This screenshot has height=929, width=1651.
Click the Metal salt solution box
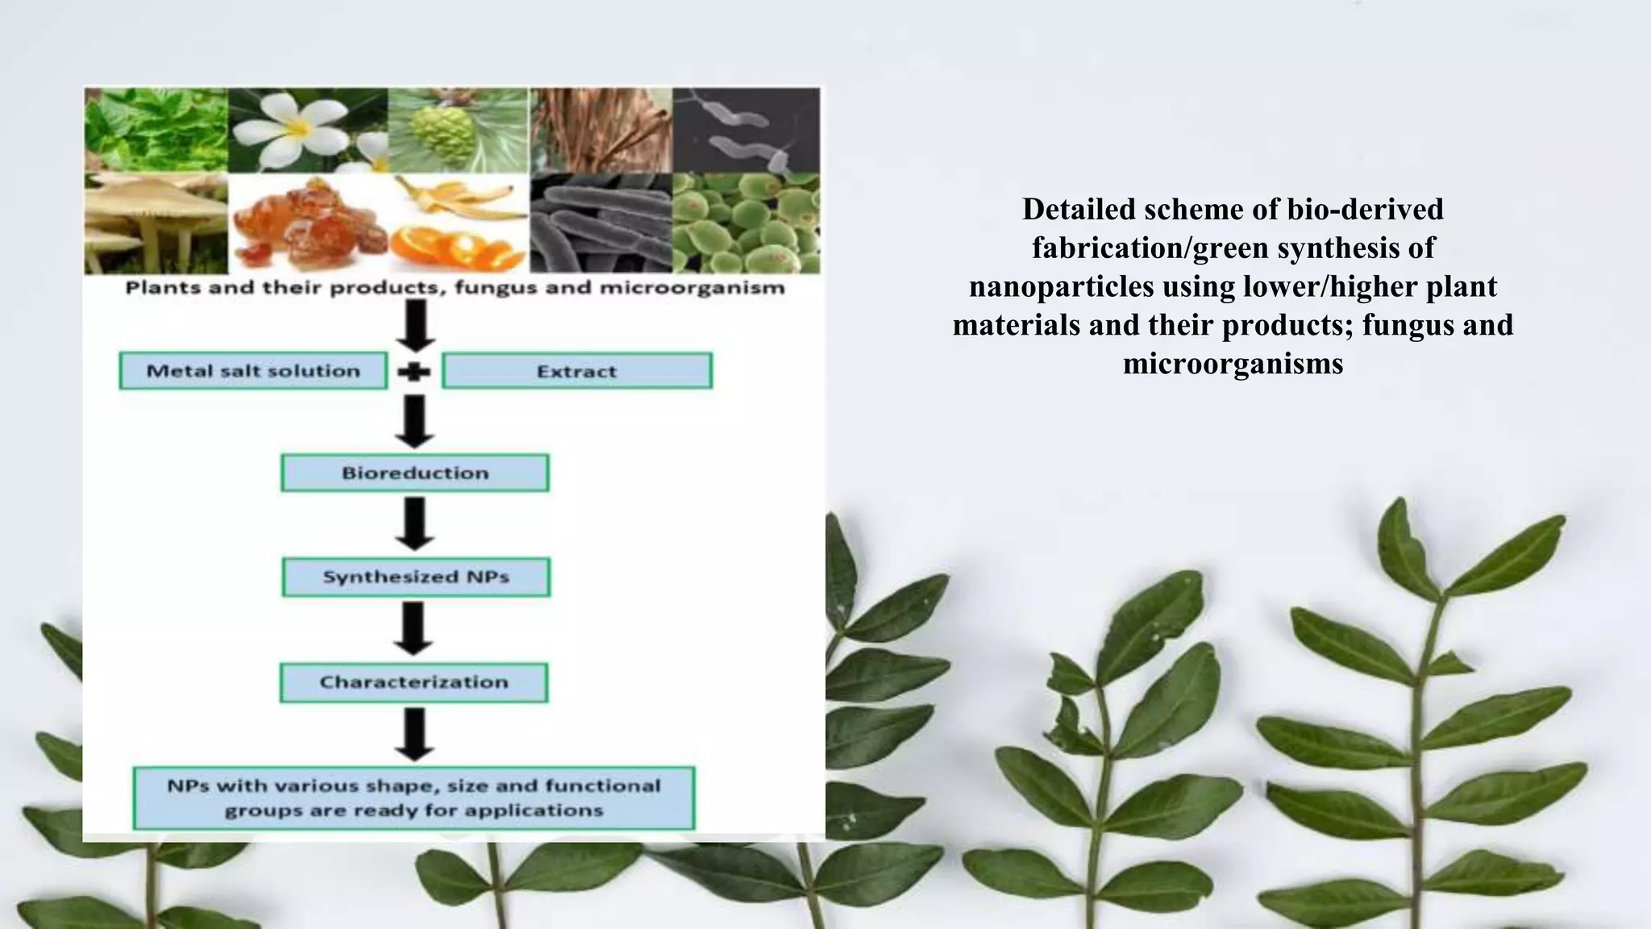253,371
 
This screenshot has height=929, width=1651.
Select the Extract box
576,371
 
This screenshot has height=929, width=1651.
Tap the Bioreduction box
415,473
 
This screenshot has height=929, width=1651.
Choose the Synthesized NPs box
416,577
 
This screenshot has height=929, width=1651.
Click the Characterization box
414,682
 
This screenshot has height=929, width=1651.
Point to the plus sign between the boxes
414,372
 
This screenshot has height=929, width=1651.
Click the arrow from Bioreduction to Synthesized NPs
414,523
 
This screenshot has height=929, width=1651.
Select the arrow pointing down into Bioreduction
414,422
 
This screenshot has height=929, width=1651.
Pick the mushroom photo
156,223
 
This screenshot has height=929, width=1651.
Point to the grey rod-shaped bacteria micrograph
600,223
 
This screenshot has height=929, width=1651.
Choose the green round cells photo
746,223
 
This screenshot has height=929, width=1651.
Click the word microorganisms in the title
1233,364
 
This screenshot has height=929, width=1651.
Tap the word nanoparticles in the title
1061,286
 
